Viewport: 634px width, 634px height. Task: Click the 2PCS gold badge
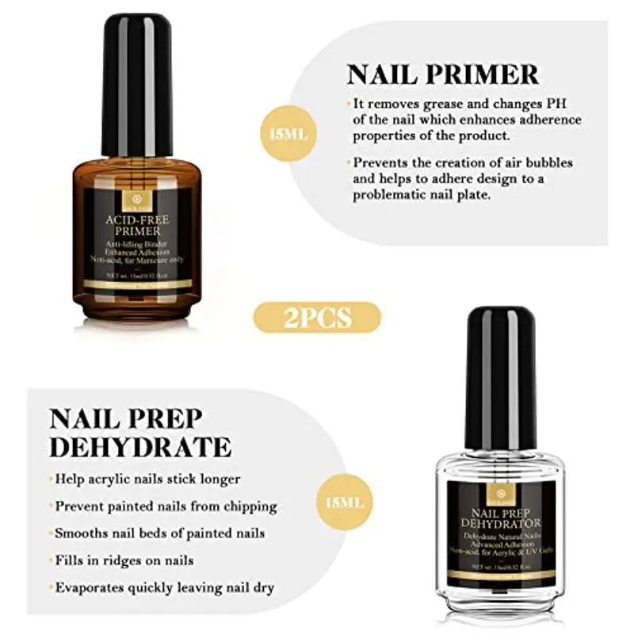coord(317,318)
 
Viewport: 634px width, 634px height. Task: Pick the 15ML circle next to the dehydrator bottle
coord(345,502)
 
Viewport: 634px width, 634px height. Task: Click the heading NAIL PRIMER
coord(442,74)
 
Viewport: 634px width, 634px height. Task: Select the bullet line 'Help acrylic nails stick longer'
coord(147,479)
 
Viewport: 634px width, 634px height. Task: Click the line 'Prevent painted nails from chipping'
coord(165,506)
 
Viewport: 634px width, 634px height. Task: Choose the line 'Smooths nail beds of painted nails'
coord(159,533)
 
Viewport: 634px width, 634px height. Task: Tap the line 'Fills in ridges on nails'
coord(124,560)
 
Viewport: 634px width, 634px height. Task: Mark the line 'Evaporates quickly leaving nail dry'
coord(164,587)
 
